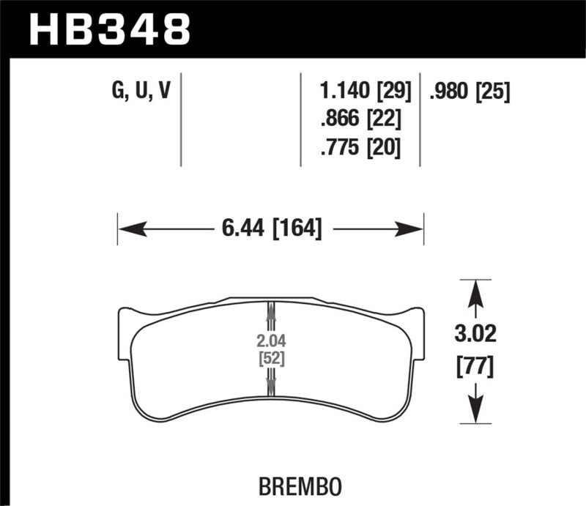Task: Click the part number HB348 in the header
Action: tap(108, 29)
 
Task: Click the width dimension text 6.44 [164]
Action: tap(270, 229)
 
